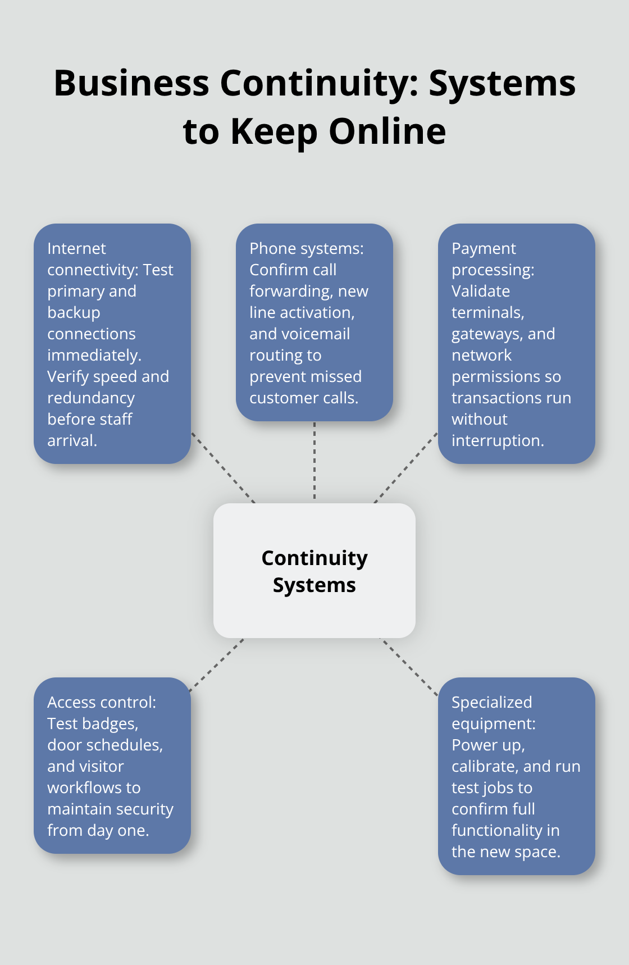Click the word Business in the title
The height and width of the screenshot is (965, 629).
[131, 83]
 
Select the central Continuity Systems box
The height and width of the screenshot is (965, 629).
[314, 571]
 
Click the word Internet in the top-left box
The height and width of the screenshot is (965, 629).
[76, 248]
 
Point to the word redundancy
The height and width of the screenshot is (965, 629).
[91, 398]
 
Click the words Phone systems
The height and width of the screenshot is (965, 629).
[306, 248]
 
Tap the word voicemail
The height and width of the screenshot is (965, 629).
[319, 334]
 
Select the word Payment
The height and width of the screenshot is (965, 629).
[484, 248]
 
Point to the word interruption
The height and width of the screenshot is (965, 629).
[497, 440]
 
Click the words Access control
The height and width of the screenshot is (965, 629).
[101, 702]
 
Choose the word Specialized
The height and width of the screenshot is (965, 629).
[491, 702]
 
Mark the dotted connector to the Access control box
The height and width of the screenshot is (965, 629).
[217, 665]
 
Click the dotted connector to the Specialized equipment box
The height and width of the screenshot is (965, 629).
[410, 667]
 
